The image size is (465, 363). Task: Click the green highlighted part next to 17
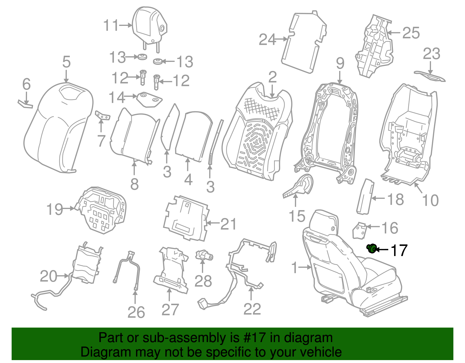pos(371,249)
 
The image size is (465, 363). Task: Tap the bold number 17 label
pos(399,250)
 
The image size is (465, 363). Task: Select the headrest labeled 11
pos(148,26)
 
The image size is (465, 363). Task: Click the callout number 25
pos(411,33)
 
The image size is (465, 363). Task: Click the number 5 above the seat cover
pos(67,62)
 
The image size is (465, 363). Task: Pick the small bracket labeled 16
pos(359,230)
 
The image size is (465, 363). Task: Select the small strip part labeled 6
pos(25,104)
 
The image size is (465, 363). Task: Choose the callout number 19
pos(55,209)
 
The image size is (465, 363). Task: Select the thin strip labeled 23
pos(430,76)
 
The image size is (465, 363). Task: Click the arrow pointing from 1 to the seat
pos(305,267)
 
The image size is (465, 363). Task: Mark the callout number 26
pos(136,312)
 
